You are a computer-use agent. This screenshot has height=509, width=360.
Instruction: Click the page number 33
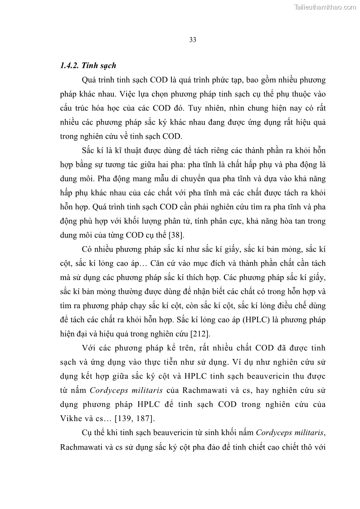click(x=192, y=40)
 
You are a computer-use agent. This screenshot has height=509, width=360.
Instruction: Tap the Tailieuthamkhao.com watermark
click(x=325, y=7)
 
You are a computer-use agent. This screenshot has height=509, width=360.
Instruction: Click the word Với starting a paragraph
click(x=90, y=348)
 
